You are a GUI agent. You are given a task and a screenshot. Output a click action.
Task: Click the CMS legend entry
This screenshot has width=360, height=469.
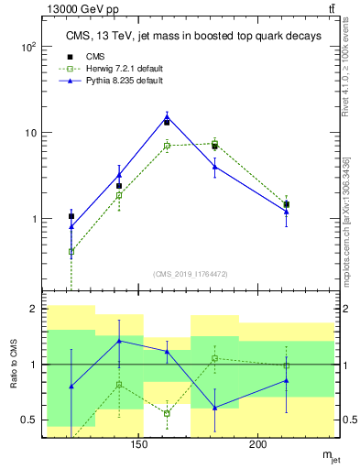[x=92, y=56]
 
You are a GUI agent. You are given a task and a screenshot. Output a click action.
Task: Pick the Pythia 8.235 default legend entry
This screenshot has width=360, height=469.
[x=111, y=82]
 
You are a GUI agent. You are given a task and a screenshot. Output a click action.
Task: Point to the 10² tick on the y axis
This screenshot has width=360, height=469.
[x=30, y=47]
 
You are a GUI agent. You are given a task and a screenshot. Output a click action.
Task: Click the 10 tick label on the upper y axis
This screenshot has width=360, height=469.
[x=32, y=133]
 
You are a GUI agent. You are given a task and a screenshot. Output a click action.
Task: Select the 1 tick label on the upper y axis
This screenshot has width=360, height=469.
[x=35, y=219]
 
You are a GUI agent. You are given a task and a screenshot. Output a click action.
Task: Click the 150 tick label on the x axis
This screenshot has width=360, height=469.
[x=139, y=445]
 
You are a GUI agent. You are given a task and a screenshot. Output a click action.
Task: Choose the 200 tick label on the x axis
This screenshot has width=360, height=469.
[x=258, y=445]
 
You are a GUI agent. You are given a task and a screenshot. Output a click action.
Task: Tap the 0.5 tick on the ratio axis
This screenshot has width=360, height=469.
[x=30, y=420]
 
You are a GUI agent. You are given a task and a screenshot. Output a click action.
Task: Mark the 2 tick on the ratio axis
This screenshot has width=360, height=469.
[x=35, y=309]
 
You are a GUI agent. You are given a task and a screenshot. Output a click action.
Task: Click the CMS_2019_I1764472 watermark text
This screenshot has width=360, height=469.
[x=190, y=274]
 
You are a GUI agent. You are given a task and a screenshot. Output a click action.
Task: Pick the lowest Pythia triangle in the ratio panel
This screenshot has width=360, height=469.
[x=214, y=408]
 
